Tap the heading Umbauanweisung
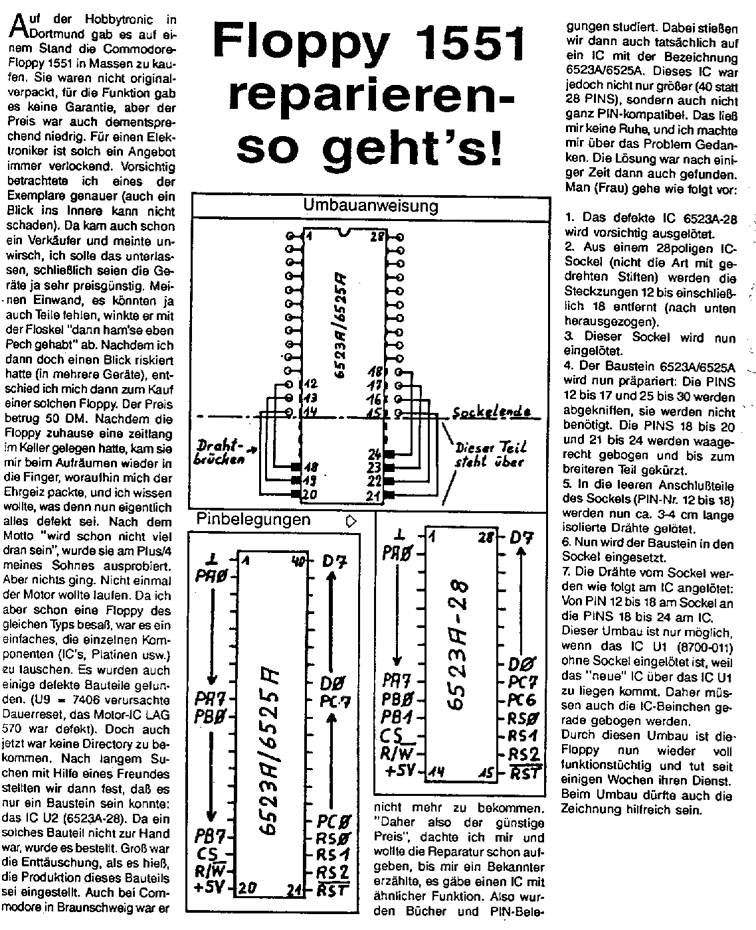(370, 206)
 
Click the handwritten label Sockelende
(492, 413)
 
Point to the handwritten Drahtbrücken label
(220, 452)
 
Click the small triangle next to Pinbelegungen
(351, 521)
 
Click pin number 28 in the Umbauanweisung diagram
(377, 237)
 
